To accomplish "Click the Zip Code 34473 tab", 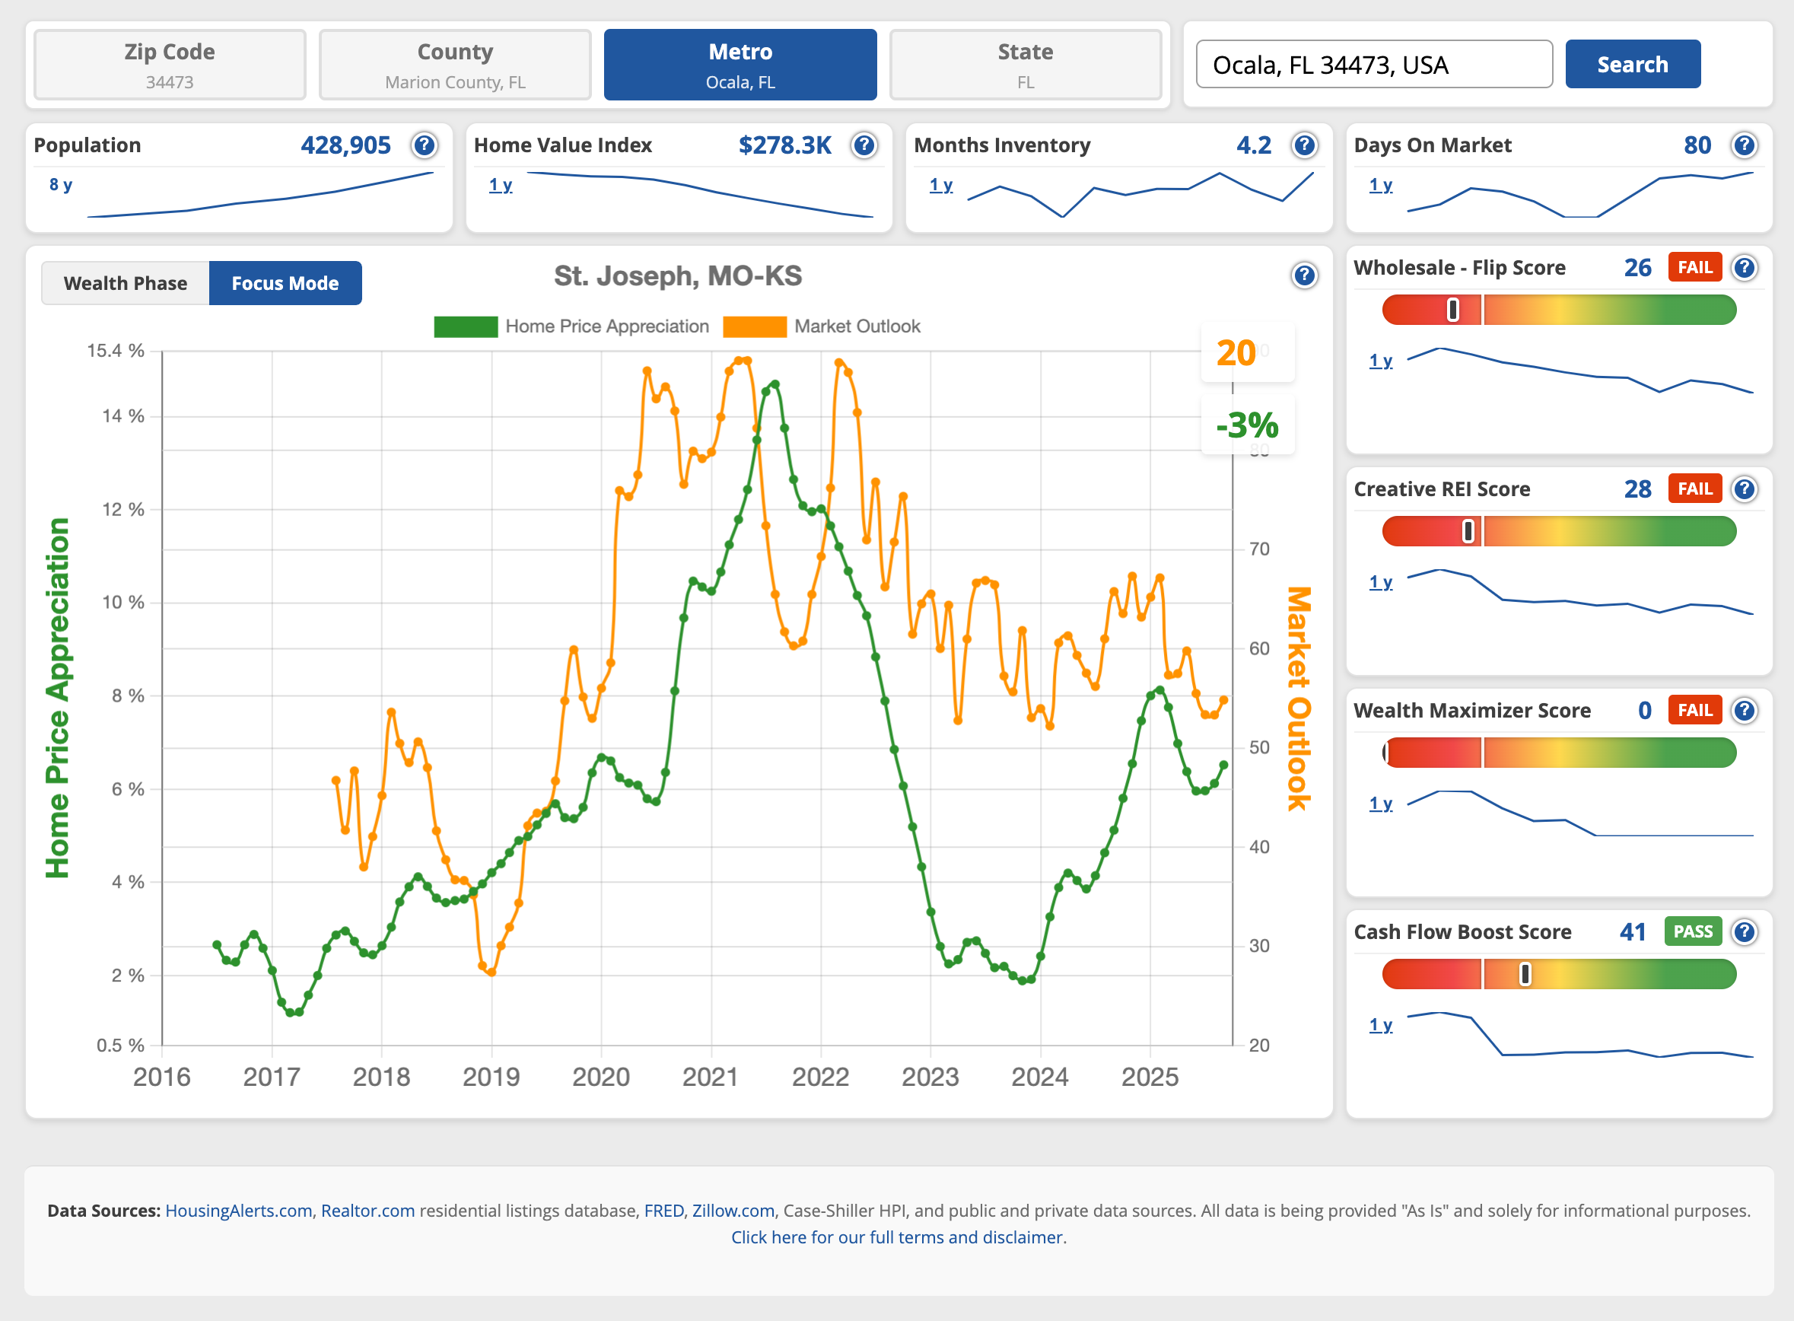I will [170, 65].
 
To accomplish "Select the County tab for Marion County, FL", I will [455, 65].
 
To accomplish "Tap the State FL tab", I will [1025, 65].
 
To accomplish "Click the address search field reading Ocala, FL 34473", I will [1373, 65].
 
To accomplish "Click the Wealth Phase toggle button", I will [126, 283].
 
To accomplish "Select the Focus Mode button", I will [285, 283].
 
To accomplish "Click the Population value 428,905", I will [345, 145].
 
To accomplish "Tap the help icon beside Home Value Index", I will [864, 145].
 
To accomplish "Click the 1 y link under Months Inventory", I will [941, 185].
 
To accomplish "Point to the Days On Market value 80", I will [1697, 145].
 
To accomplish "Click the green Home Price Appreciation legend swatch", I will [466, 326].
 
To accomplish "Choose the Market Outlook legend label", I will [856, 326].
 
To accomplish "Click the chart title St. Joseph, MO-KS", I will [677, 276].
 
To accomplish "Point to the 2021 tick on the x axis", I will [710, 1077].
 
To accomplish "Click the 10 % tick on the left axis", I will [123, 602].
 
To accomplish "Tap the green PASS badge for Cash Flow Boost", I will [1693, 931].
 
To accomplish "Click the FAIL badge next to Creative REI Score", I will [1694, 489].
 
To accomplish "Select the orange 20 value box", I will [1237, 352].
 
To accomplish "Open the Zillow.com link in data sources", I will [733, 1211].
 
